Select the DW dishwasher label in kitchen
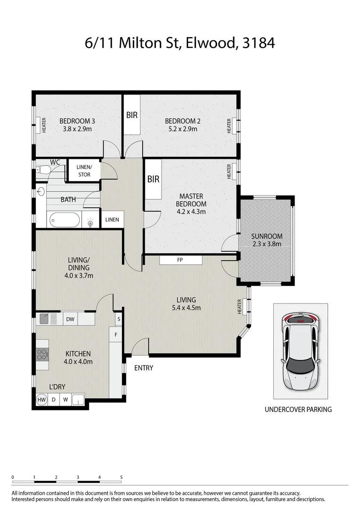(x=70, y=320)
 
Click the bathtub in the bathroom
(x=65, y=220)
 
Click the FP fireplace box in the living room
(x=180, y=260)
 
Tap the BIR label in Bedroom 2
(x=132, y=115)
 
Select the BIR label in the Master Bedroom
(x=153, y=179)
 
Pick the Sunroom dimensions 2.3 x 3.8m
(x=267, y=244)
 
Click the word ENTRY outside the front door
(x=144, y=368)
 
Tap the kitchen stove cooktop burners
(x=42, y=353)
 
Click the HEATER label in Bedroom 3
(x=44, y=125)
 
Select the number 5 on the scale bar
(x=122, y=477)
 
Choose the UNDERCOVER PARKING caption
(x=298, y=410)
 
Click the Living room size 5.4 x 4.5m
(x=186, y=308)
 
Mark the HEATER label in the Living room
(x=239, y=307)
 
